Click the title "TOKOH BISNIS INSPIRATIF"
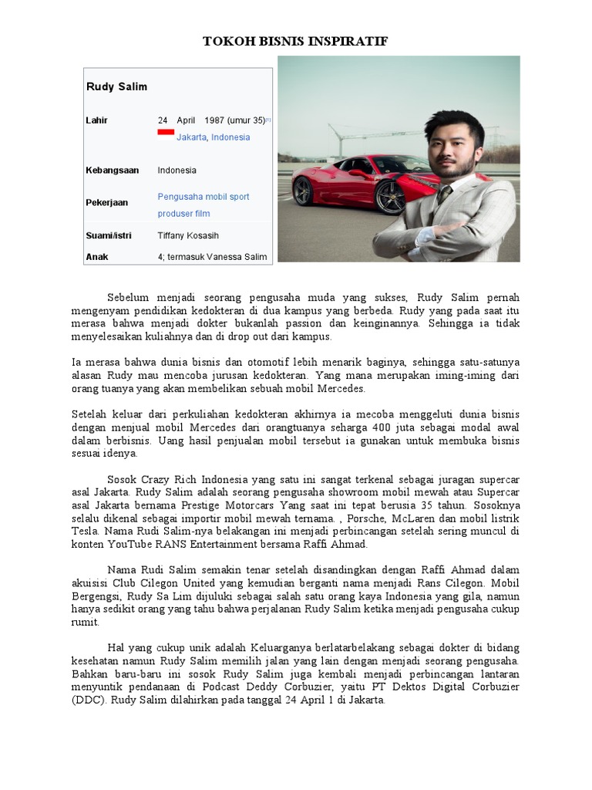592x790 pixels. pos(295,41)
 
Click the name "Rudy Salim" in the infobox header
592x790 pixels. pos(116,87)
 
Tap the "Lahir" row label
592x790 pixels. pos(97,120)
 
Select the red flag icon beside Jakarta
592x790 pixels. pos(165,133)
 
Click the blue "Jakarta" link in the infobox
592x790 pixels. pos(191,137)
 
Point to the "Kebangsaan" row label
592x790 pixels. pos(113,170)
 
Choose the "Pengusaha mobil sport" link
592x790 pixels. pos(203,197)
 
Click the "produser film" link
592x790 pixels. pos(183,214)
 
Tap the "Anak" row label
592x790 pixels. pos(97,256)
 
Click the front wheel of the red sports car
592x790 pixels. pos(389,197)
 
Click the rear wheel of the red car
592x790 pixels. pos(303,191)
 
